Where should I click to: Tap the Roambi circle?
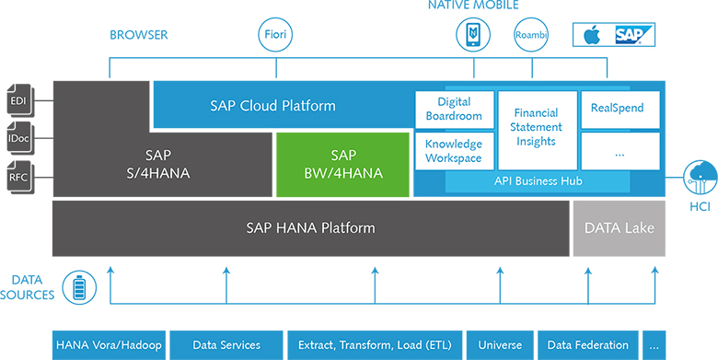coord(531,36)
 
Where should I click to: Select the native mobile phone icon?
coord(473,35)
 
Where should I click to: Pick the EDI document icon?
coord(18,100)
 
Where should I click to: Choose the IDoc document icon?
coord(18,138)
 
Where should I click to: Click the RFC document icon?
coord(18,176)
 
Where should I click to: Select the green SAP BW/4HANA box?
coord(342,164)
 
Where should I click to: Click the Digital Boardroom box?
coord(454,110)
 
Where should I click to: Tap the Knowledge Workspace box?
coord(454,151)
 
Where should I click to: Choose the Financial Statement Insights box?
coord(536,128)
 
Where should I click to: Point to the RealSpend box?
coord(620,109)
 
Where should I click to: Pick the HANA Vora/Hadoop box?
coord(109,344)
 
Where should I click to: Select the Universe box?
coord(499,344)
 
